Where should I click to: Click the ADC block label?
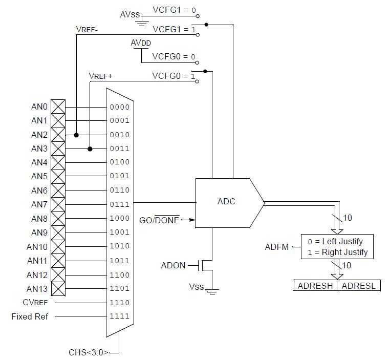pyautogui.click(x=226, y=201)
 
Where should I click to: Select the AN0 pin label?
pyautogui.click(x=39, y=107)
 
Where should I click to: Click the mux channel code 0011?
pyautogui.click(x=119, y=149)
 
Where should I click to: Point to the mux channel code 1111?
pyautogui.click(x=119, y=316)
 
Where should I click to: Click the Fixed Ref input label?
pyautogui.click(x=30, y=316)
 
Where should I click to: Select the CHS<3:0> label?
pyautogui.click(x=89, y=352)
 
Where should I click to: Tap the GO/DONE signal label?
pyautogui.click(x=159, y=220)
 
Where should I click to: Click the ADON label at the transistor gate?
pyautogui.click(x=174, y=265)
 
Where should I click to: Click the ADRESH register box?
pyautogui.click(x=315, y=286)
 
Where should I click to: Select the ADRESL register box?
pyautogui.click(x=358, y=286)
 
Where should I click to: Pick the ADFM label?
pyautogui.click(x=276, y=247)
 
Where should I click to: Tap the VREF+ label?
pyautogui.click(x=100, y=76)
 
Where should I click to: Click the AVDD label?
pyautogui.click(x=141, y=44)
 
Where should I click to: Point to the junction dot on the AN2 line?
pyautogui.click(x=76, y=135)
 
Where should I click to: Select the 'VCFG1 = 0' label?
pyautogui.click(x=174, y=10)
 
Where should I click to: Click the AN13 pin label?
pyautogui.click(x=37, y=289)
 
